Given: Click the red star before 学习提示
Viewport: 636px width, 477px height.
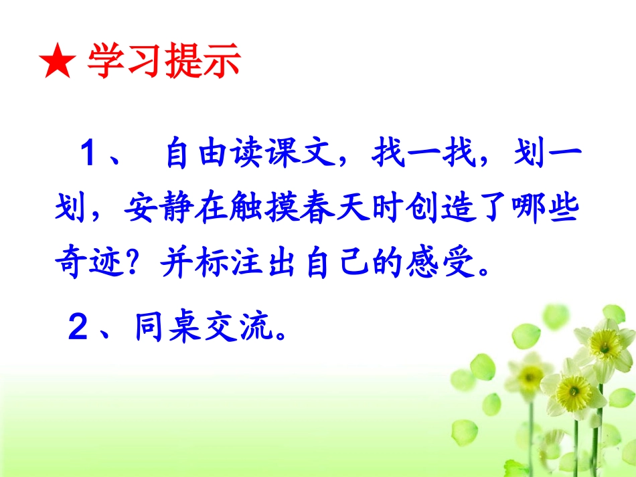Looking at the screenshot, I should click(58, 64).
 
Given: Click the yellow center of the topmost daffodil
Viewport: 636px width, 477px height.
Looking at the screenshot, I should click(606, 349).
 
